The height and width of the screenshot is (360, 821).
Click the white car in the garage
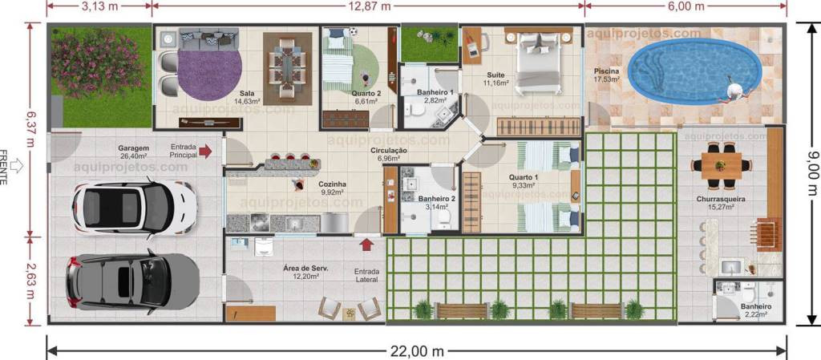[135, 207]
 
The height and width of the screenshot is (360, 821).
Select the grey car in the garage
[132, 282]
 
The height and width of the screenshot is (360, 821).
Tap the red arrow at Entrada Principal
[205, 152]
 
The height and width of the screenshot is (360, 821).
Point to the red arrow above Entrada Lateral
[367, 245]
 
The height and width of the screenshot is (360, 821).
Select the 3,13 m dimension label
[99, 6]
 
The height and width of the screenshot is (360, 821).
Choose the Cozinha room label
[333, 184]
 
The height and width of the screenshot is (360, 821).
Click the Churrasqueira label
[721, 200]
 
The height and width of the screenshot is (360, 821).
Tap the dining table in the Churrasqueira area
[721, 165]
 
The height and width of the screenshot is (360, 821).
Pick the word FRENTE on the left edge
[5, 168]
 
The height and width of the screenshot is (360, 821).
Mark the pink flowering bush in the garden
[97, 63]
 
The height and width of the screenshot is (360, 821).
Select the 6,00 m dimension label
[687, 6]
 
